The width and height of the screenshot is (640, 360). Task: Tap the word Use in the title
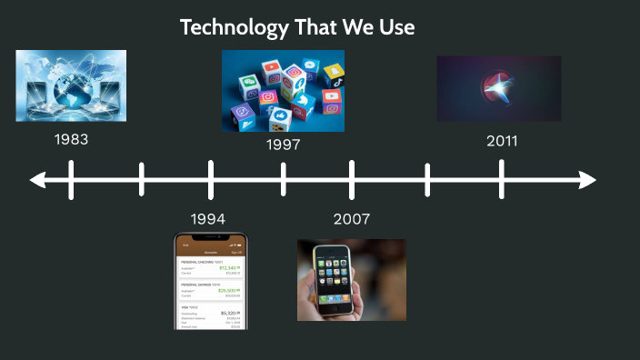396,27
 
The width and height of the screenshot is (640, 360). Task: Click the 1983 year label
71,140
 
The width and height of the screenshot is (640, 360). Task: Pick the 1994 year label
208,219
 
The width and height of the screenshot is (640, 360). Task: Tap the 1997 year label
284,145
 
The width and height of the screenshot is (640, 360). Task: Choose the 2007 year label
352,219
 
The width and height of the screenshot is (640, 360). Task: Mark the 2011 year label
502,141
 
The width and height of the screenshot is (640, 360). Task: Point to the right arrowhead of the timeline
588,179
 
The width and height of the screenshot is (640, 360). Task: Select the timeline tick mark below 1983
71,179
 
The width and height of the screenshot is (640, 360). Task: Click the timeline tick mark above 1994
211,179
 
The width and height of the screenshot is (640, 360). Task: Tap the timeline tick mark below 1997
284,179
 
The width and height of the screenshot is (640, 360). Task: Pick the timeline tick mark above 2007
352,179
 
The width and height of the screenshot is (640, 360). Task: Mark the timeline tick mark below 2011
502,179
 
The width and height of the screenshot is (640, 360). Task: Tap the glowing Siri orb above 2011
497,89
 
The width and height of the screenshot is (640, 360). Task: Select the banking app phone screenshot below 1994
211,281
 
